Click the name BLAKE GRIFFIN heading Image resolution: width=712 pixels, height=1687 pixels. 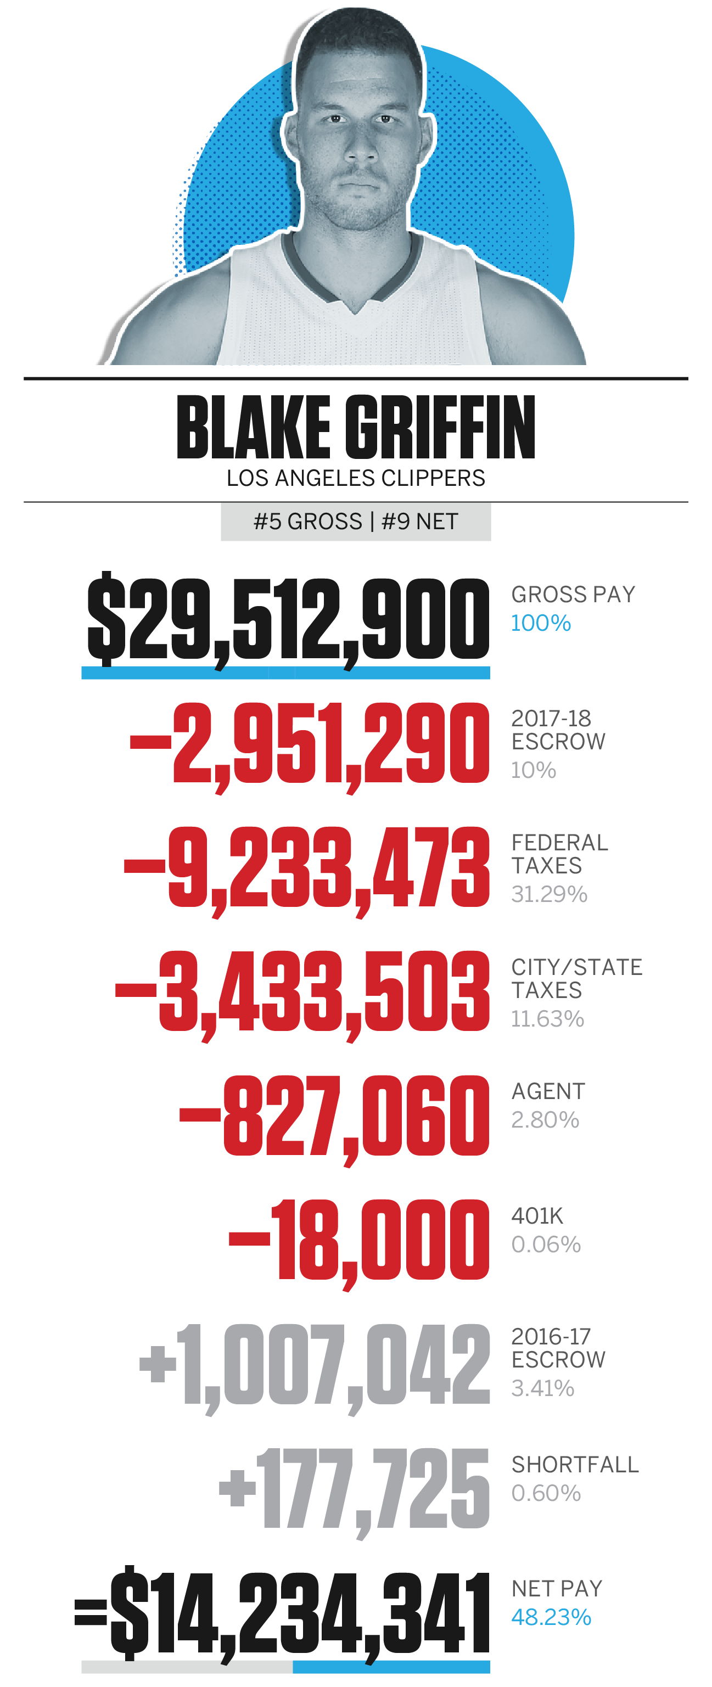point(356,428)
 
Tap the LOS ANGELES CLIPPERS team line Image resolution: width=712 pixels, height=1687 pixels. point(356,478)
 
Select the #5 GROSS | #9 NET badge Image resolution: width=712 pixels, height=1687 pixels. point(356,522)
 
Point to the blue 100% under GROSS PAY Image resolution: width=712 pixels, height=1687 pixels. point(540,623)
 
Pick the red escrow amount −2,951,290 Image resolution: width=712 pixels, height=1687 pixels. point(309,743)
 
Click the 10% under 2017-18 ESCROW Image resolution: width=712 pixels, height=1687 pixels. point(533,770)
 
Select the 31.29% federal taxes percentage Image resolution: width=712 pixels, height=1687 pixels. point(549,894)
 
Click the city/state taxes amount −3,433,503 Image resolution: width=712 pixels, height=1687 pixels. point(302,991)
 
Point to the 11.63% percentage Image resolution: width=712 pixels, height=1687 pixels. point(547,1018)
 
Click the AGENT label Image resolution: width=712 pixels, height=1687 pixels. point(548,1091)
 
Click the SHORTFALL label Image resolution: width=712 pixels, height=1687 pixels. point(574,1464)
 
